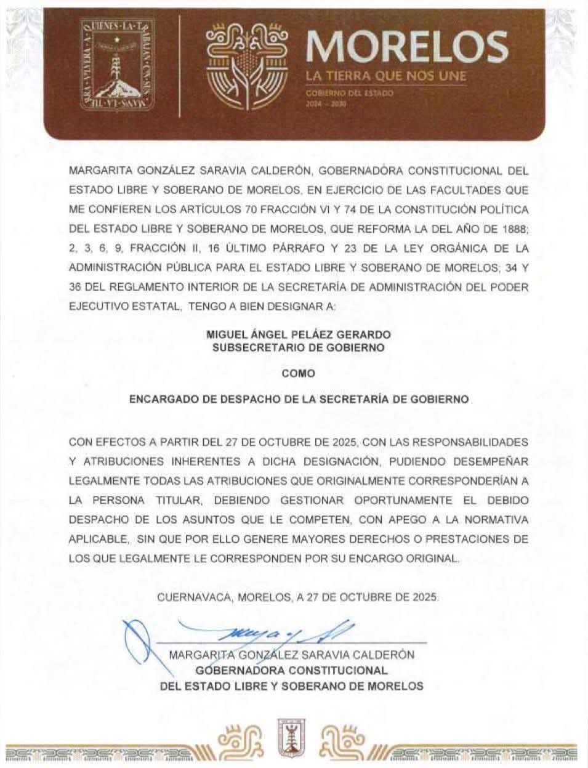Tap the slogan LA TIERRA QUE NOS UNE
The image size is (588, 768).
tap(386, 76)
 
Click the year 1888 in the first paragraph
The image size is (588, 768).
tap(513, 230)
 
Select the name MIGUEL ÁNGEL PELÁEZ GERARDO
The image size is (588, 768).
tap(299, 335)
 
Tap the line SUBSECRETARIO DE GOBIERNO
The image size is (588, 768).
tap(299, 347)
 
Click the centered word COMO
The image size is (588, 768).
tap(299, 373)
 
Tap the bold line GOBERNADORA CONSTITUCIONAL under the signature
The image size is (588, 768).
tap(292, 670)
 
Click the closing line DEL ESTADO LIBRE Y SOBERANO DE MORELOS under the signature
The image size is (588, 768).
tap(292, 685)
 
